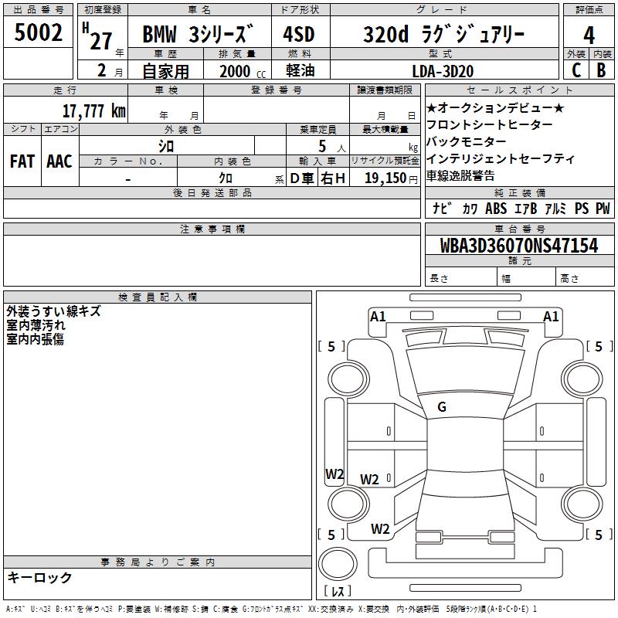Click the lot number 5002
click(x=38, y=32)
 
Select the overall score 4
click(x=589, y=36)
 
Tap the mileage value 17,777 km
click(x=93, y=110)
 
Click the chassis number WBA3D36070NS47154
click(x=519, y=245)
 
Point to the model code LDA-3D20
click(x=443, y=71)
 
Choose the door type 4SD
click(x=299, y=34)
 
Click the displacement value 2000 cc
click(x=243, y=71)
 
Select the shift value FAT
click(x=22, y=161)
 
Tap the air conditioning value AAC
click(x=59, y=161)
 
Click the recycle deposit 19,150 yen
click(x=391, y=178)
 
